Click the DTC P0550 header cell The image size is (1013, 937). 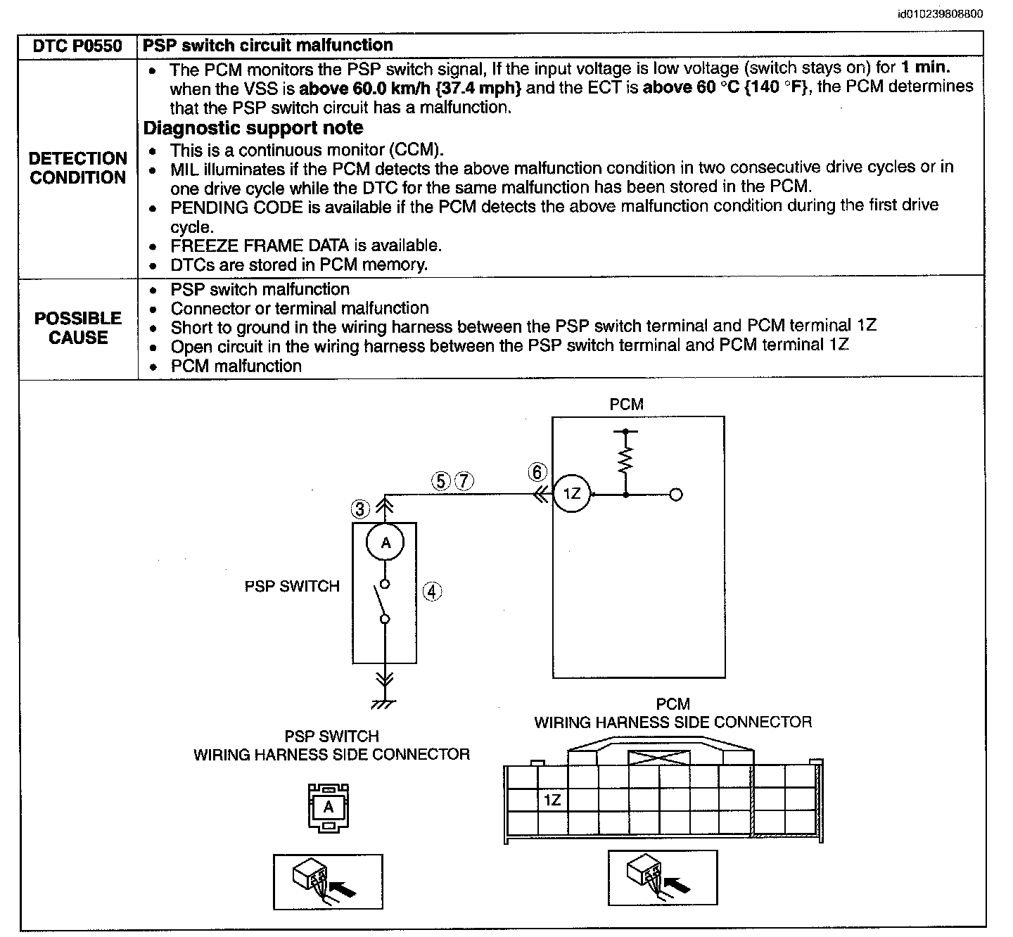77,46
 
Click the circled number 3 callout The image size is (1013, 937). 360,509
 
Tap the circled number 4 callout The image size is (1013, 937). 433,592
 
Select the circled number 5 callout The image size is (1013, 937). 440,481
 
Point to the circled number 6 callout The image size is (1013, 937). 537,472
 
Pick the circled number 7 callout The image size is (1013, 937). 464,481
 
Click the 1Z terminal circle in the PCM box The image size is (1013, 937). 572,494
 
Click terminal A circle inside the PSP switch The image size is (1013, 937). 385,542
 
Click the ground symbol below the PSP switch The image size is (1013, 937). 384,704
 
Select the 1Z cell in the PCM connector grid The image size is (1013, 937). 552,800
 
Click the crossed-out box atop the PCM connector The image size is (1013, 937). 659,758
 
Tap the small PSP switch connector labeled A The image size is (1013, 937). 329,808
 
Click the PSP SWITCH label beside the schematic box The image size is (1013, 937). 292,587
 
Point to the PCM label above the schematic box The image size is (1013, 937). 626,404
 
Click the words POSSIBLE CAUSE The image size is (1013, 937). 78,328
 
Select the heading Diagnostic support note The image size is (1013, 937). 253,127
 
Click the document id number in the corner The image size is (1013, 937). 940,14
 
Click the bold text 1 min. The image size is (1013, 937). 926,67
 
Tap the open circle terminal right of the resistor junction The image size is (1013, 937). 676,495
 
